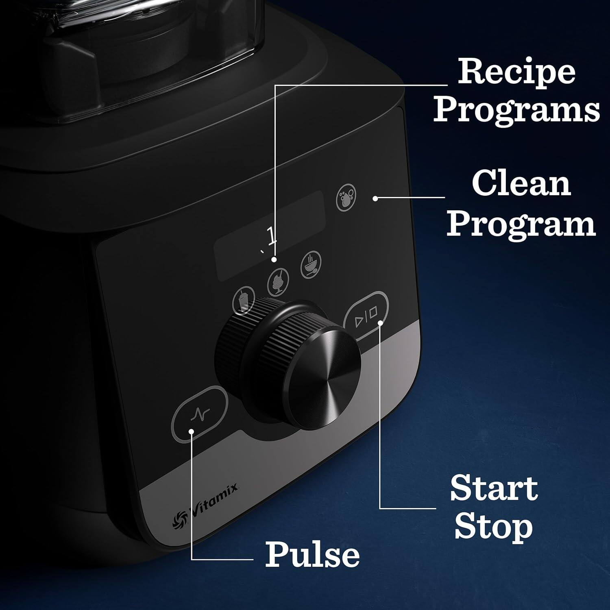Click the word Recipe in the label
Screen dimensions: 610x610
(x=516, y=72)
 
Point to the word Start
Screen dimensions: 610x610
(x=494, y=488)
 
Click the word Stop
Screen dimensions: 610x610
(x=493, y=527)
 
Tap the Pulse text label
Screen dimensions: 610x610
(x=312, y=554)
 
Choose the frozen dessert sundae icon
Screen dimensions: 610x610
(x=279, y=281)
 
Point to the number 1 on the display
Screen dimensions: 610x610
(x=271, y=236)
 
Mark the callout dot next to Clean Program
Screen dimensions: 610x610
(x=375, y=198)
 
